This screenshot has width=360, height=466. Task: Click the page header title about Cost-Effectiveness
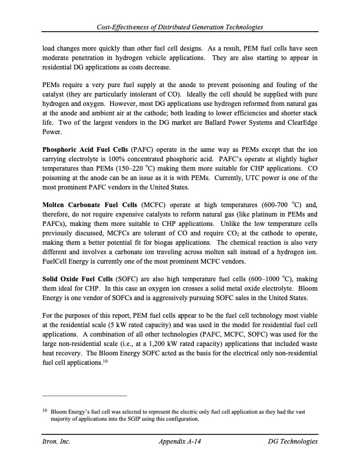180,28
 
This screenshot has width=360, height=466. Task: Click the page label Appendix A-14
180,441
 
